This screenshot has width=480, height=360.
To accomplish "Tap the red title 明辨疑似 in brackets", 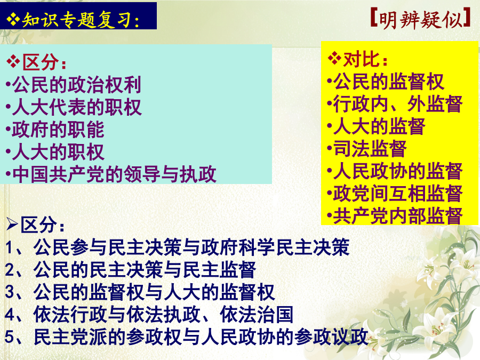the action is click(x=420, y=20).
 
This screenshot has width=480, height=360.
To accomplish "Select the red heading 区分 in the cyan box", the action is click(x=40, y=62).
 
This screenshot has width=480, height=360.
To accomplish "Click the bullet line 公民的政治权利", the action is click(x=76, y=84).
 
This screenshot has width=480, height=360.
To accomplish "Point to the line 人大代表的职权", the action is click(x=76, y=107).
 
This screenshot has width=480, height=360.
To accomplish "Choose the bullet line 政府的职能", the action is click(x=58, y=130).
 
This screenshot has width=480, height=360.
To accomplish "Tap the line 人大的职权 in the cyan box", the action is click(x=58, y=152).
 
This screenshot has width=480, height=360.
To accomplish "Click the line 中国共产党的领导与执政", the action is click(x=114, y=174).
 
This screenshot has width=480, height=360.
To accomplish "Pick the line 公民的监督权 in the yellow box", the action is click(x=388, y=82).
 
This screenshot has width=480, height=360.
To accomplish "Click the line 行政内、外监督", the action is click(x=398, y=104).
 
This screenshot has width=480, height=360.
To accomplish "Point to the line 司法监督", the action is click(x=370, y=149).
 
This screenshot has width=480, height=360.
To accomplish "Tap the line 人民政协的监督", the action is click(x=398, y=171).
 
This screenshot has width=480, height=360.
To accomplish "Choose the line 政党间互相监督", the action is click(x=398, y=194).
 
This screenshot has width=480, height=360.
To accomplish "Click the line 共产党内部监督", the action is click(x=398, y=216).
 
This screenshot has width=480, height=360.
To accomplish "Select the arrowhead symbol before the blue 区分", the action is click(x=12, y=225).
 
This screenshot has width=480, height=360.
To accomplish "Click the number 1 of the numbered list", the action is click(x=9, y=247).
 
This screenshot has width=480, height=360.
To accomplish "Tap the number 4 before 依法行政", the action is click(x=9, y=315).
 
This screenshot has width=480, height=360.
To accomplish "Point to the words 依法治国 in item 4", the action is click(x=257, y=314).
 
